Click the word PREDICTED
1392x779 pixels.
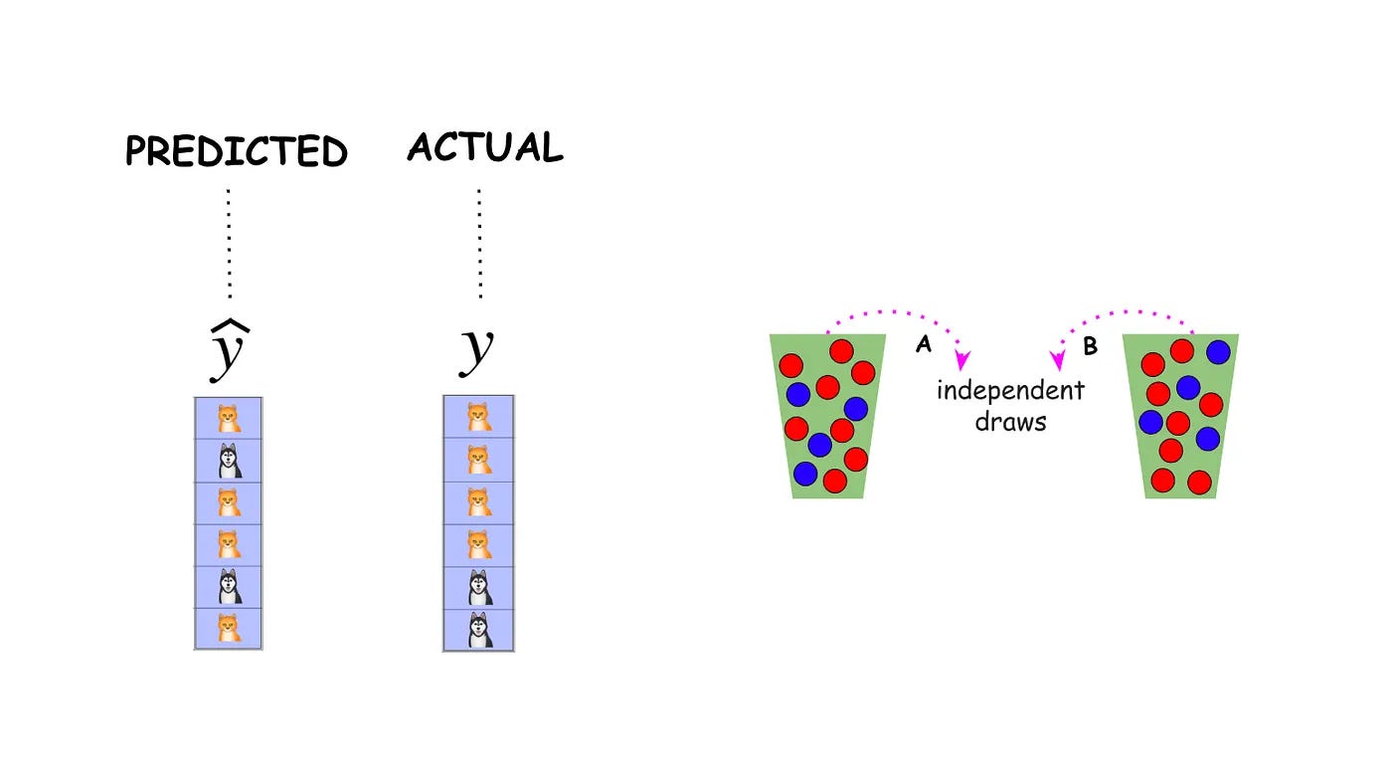point(237,152)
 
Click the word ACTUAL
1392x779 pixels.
point(485,148)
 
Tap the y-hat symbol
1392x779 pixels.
point(230,353)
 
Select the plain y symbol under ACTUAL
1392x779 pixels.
point(477,350)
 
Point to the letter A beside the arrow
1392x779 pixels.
point(924,345)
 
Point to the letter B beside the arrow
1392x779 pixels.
point(1089,346)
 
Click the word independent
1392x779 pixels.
point(1010,389)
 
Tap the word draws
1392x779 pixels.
point(1010,421)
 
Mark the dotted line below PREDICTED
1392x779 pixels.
point(230,244)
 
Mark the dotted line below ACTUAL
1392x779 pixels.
point(479,244)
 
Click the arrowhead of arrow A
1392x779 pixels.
point(961,360)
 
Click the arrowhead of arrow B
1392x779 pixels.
point(1058,360)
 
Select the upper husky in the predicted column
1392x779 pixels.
point(230,461)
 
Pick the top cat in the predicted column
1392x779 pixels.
point(230,417)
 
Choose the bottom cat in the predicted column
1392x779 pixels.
point(230,628)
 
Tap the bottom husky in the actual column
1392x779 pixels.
point(479,630)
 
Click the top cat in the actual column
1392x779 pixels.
point(479,416)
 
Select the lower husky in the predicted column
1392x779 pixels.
point(230,586)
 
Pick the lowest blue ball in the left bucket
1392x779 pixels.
point(805,473)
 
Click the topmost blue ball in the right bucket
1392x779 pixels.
point(1218,352)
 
